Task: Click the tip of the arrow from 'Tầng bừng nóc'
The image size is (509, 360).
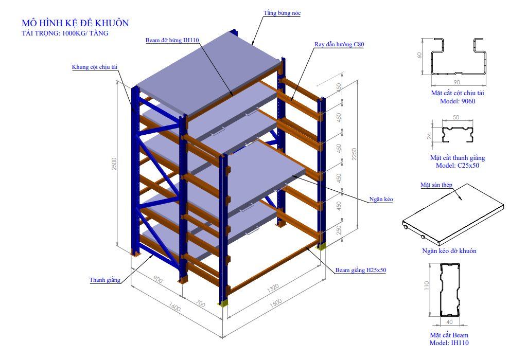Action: tap(252, 44)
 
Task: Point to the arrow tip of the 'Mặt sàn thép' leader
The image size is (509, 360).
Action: tap(462, 200)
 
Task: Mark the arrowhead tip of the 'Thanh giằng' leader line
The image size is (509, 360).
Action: tap(153, 255)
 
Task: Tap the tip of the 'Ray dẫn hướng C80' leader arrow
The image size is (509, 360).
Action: tap(291, 100)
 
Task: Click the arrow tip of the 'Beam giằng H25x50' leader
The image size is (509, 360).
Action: tap(306, 247)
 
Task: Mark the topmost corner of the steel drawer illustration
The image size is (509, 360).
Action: tap(467, 184)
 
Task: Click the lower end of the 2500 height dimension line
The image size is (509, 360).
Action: tap(117, 246)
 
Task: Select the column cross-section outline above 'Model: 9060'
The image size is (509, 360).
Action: tap(458, 57)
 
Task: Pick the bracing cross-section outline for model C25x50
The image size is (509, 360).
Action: tap(457, 134)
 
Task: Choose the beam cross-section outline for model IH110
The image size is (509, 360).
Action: tap(450, 290)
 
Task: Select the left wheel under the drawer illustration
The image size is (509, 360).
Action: tap(406, 228)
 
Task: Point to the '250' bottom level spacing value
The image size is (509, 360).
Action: tap(339, 230)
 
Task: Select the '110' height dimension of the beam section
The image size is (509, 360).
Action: tap(427, 285)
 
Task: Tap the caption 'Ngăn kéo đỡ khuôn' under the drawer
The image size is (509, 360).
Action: tap(449, 250)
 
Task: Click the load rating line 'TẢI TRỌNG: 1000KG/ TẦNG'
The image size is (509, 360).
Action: tap(65, 33)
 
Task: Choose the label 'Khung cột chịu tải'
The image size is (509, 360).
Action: tap(95, 67)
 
